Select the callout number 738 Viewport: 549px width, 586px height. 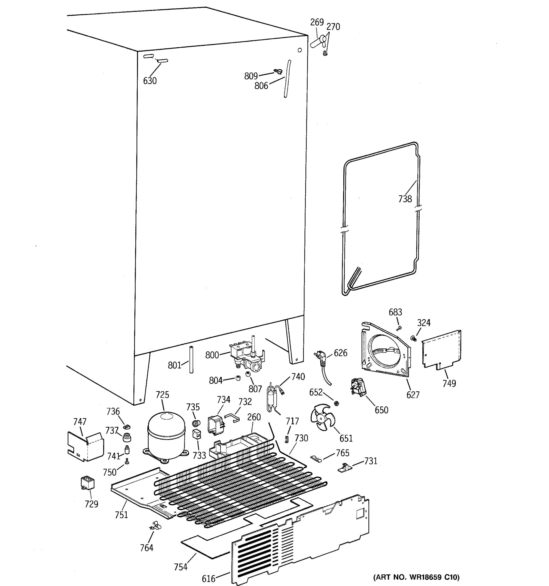405,199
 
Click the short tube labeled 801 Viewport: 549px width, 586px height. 191,360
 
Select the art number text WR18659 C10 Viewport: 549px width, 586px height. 416,577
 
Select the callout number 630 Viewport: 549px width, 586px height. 150,81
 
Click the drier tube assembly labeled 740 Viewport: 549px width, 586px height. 272,397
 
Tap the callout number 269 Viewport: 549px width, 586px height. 317,22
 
